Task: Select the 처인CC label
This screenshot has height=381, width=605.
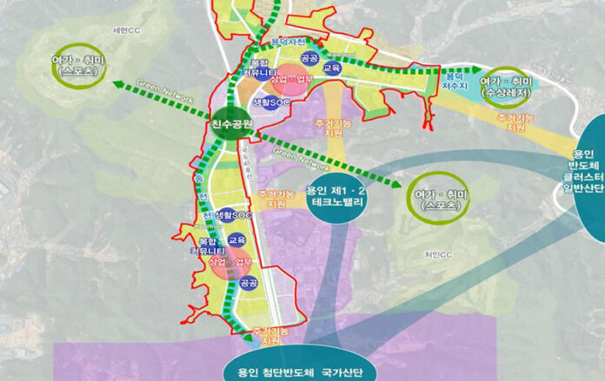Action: coord(439,253)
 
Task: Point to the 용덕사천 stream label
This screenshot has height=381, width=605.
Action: coord(288,41)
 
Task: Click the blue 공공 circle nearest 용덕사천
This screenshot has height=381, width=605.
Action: coord(309,58)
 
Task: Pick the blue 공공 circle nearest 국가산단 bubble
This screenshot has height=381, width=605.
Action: coord(249,283)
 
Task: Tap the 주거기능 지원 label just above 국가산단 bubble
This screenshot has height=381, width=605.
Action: coord(271,336)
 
